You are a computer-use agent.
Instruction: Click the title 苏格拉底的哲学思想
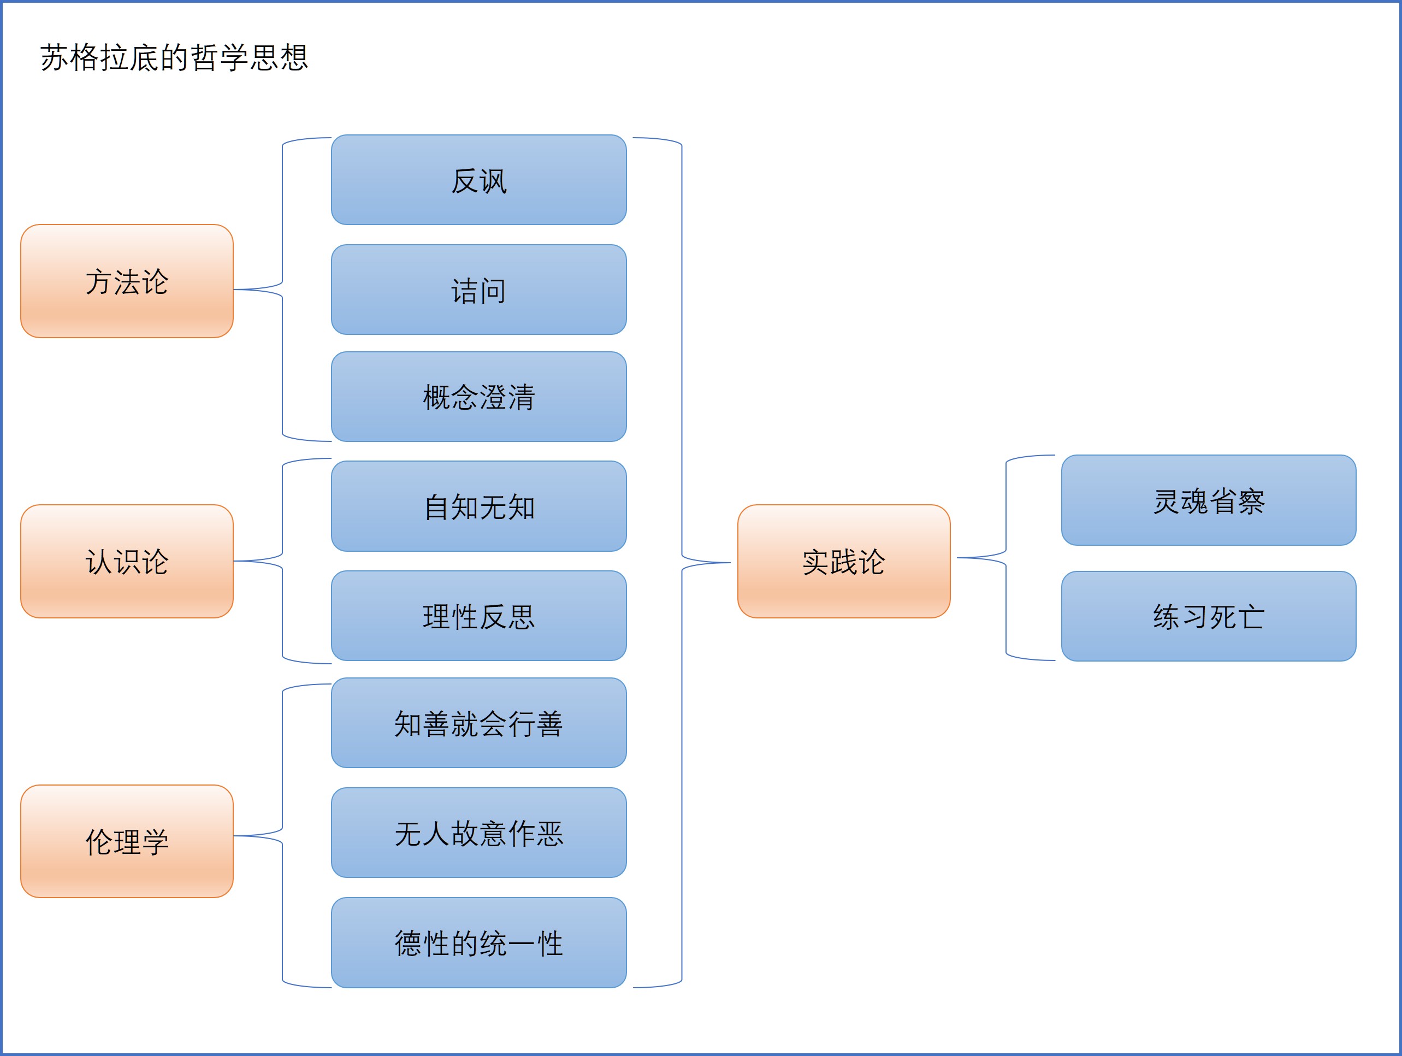pos(174,58)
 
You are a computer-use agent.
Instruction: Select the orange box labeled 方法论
pos(127,281)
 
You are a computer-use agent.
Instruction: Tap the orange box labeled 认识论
pos(127,561)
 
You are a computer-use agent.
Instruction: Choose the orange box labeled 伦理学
pos(127,841)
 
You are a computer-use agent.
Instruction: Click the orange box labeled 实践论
pos(844,561)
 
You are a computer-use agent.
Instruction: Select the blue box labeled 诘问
pos(478,290)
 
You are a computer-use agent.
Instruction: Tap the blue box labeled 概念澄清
pos(478,397)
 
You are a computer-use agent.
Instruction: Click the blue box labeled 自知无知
pos(478,506)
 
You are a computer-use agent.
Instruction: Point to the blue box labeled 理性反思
pos(478,616)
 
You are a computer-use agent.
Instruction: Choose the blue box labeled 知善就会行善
pos(478,723)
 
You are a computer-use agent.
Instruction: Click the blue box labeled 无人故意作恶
pos(478,832)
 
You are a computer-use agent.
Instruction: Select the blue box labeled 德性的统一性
pos(478,942)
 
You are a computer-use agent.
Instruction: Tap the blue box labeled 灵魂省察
pos(1208,500)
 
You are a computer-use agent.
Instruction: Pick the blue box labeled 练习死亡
pos(1208,616)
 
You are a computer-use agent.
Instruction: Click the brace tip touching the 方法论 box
pos(236,290)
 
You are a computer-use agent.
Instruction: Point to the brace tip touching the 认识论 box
pos(236,561)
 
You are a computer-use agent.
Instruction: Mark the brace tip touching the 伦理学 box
pos(236,836)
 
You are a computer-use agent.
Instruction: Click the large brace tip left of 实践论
pos(729,562)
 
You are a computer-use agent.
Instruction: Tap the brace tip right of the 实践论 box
pos(959,558)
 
